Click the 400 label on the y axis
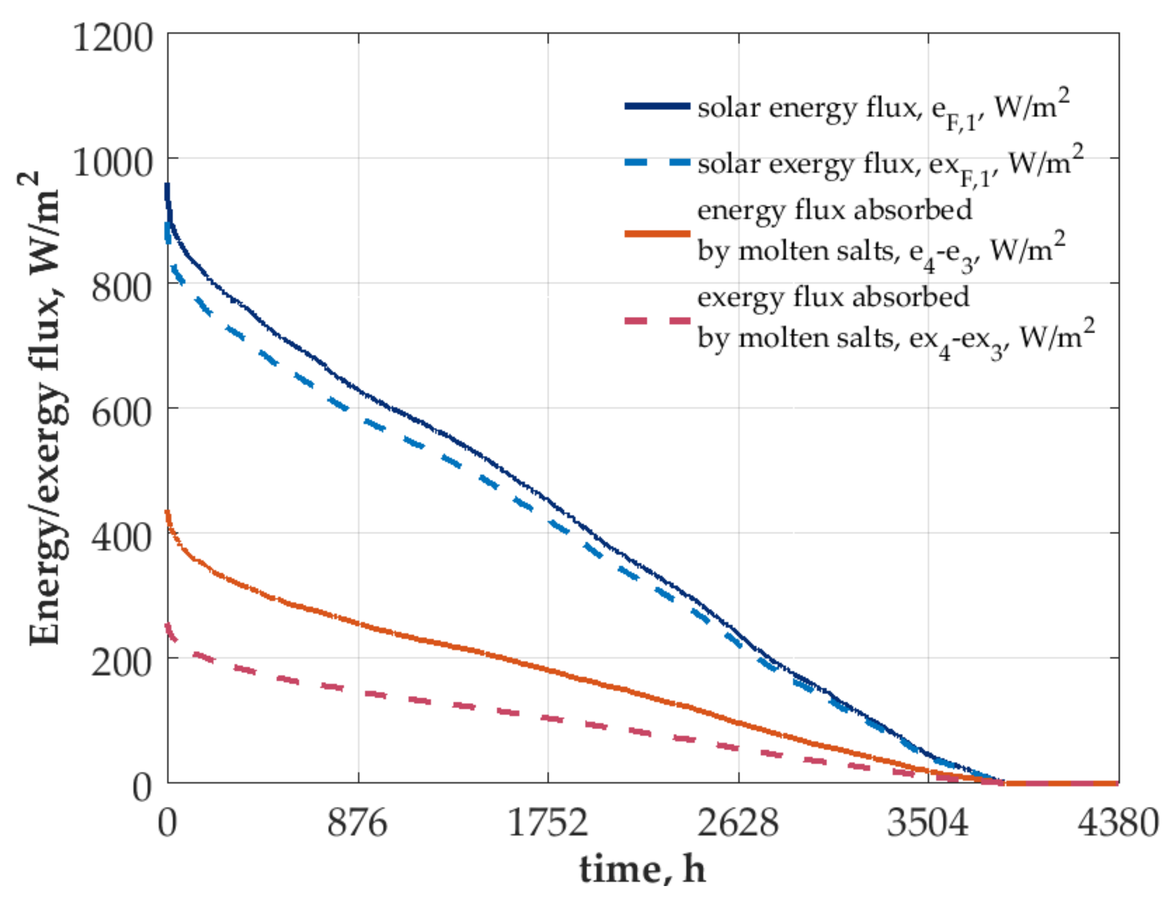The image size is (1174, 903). [x=122, y=537]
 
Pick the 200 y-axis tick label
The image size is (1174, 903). [x=122, y=662]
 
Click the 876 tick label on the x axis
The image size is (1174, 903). [x=357, y=823]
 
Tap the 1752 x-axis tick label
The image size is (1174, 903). [x=547, y=823]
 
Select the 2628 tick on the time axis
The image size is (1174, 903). [x=738, y=823]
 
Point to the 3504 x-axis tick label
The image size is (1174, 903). [x=927, y=823]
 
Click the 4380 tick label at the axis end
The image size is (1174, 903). [x=1117, y=823]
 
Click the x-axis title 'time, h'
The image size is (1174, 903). [x=642, y=869]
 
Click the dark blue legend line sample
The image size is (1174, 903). [x=656, y=106]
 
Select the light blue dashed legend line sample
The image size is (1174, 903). [x=656, y=162]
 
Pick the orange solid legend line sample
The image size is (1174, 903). [x=656, y=233]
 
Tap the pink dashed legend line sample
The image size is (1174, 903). [x=656, y=321]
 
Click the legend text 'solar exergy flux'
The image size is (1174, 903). [x=806, y=164]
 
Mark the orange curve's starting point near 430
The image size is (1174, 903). [x=168, y=513]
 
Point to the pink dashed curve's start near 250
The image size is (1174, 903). [x=168, y=626]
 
